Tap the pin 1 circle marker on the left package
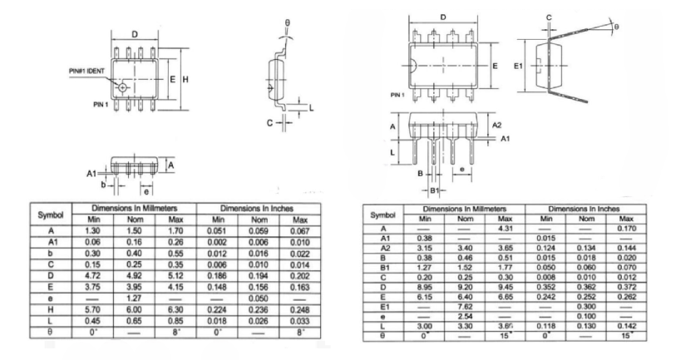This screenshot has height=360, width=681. (124, 86)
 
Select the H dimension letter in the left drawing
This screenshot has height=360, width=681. (185, 79)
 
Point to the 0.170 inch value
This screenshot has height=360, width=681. (626, 228)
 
